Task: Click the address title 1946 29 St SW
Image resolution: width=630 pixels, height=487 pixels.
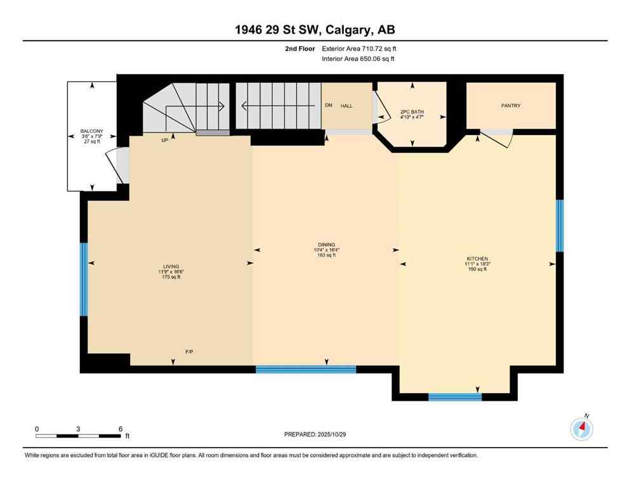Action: coord(315,30)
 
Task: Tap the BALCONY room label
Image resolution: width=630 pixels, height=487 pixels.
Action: coord(88,132)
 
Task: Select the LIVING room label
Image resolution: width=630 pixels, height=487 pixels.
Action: coord(171,266)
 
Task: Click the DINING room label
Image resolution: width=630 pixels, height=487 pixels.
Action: coord(327,245)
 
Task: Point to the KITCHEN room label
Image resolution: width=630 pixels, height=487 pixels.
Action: coord(477,259)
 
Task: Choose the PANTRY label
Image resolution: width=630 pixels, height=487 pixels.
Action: coord(511,106)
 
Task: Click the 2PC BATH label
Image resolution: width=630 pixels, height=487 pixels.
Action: coord(412,112)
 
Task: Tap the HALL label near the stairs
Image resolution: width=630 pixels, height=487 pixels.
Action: coord(346,106)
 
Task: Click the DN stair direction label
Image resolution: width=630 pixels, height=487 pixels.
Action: coord(328,106)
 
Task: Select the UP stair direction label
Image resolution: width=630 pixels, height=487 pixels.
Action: coord(164,140)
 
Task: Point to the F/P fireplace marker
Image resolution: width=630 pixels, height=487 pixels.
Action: coord(189,352)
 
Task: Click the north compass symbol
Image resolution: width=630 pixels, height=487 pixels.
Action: coord(581,429)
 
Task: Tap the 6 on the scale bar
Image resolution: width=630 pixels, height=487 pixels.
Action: coord(120,429)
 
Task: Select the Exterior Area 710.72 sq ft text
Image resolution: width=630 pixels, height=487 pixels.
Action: coord(360,48)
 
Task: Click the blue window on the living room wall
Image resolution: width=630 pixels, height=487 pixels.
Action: coord(83,280)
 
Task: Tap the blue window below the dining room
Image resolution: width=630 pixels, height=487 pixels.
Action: coord(306,369)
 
